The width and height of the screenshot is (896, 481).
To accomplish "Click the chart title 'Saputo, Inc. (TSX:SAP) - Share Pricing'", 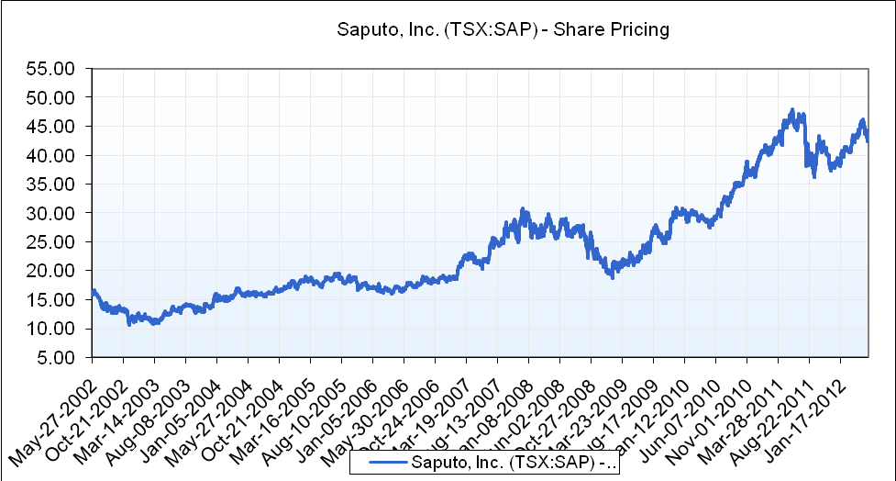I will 503,29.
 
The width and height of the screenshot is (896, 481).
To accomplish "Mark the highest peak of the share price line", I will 791,111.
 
